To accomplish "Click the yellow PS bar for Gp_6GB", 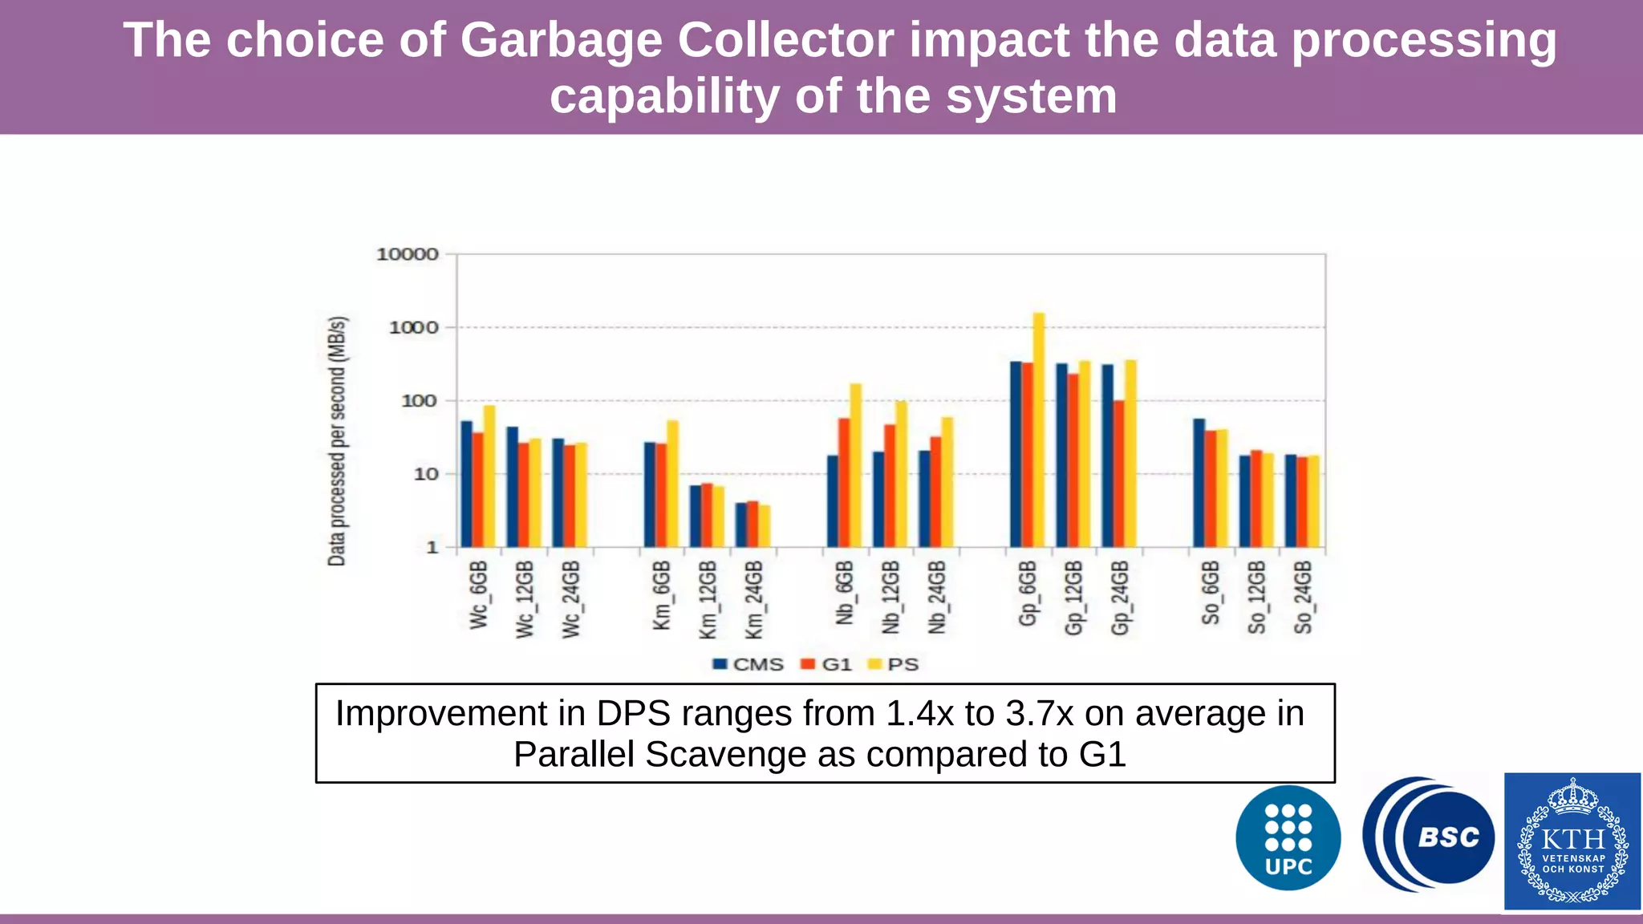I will click(1039, 430).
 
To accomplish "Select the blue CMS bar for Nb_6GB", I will click(833, 501).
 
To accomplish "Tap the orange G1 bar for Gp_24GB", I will click(1119, 473).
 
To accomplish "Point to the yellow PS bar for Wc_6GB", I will click(489, 476).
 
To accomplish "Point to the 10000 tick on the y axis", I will click(408, 254).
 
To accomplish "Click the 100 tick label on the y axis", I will click(419, 400).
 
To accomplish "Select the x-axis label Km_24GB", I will click(754, 599).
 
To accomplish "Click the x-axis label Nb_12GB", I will click(891, 598).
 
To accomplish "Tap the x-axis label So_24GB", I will click(1303, 598).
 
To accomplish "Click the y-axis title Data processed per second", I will click(338, 441).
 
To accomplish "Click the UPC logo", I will click(1288, 838).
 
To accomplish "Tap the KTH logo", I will click(1572, 841).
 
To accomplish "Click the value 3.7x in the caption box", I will click(1039, 713).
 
